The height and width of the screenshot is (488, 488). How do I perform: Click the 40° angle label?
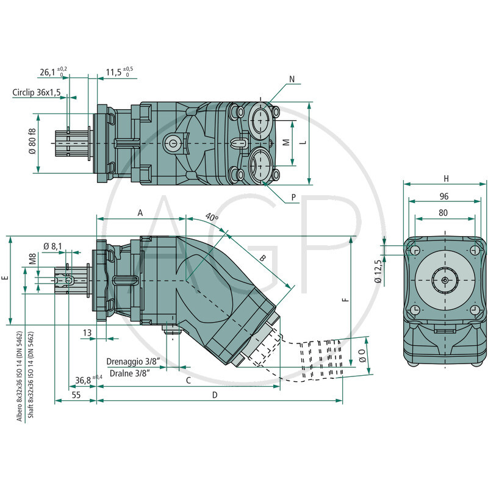click(212, 217)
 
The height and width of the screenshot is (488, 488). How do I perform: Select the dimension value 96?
click(444, 196)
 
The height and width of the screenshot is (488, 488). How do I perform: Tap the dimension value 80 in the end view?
click(444, 213)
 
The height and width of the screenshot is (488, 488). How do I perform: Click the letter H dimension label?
click(446, 179)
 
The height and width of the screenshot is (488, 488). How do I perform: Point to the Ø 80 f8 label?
click(32, 143)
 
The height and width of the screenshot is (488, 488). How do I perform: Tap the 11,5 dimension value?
click(114, 73)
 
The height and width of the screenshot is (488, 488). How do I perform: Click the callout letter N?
click(292, 79)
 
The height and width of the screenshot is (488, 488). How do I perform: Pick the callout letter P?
click(294, 198)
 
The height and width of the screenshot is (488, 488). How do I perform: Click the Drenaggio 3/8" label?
click(133, 361)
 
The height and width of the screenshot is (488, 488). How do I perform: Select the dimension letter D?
click(215, 395)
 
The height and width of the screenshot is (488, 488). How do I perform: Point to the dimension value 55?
click(76, 395)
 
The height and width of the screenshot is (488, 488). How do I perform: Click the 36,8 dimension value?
click(83, 380)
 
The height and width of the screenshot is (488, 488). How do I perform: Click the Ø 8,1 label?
click(53, 246)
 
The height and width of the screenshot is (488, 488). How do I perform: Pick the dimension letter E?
click(6, 278)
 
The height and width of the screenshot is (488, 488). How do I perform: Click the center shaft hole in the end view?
click(445, 279)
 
